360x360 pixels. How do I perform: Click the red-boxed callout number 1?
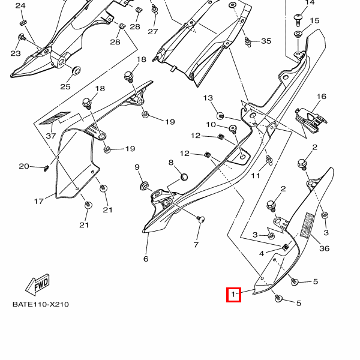pos(233,295)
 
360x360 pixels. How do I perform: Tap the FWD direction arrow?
pos(38,283)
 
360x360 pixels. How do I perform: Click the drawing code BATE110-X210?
pos(41,304)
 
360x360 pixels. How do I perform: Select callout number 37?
pos(50,136)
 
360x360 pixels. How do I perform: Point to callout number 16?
pos(321,97)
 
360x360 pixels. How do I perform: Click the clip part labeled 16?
pos(311,116)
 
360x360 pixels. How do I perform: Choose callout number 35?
pos(266,41)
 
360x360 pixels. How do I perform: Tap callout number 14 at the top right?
pos(310,2)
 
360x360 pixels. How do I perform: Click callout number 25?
pos(65,86)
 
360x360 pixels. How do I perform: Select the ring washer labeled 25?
pos(77,71)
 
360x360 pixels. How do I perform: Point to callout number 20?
pos(24,166)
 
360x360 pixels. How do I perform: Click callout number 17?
pos(39,201)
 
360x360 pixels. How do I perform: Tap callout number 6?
pos(145,259)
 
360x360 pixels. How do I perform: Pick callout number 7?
pos(196,245)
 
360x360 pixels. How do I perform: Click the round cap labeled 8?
pos(184,176)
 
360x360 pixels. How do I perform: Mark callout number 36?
pos(325,248)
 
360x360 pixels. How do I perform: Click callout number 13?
pos(208,98)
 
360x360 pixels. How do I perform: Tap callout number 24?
pos(20,5)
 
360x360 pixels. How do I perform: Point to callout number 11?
pos(256,176)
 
